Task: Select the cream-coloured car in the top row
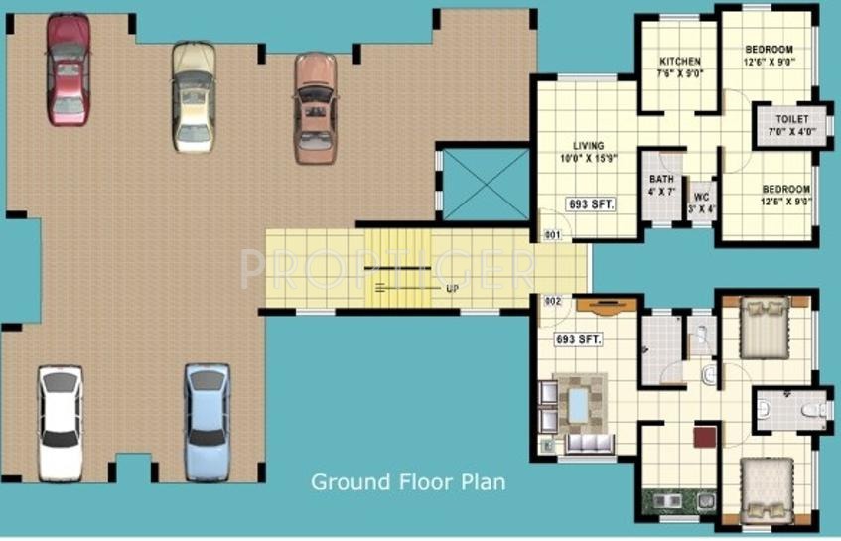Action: pos(193,96)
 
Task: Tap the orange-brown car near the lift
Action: pos(314,107)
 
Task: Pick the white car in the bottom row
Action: pos(61,420)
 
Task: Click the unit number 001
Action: pos(552,235)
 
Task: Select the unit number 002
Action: pos(552,300)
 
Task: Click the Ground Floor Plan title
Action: pos(408,483)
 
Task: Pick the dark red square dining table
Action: pos(705,436)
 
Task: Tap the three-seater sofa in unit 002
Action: pos(589,444)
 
